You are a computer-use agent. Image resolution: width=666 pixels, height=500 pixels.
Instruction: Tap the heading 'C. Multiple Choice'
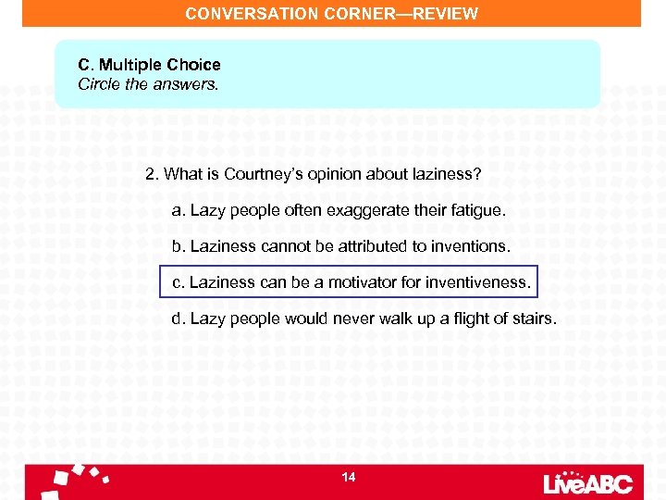point(149,65)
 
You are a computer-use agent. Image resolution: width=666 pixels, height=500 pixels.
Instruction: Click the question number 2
point(152,174)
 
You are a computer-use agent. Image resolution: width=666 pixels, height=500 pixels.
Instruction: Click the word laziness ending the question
point(448,174)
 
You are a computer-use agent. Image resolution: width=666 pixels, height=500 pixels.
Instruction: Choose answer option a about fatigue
point(339,210)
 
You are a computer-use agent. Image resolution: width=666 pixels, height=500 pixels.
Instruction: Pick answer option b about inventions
point(340,246)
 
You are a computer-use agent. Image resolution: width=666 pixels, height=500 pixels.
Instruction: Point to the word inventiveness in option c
point(479,281)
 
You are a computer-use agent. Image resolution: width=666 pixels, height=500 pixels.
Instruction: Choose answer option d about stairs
point(364,319)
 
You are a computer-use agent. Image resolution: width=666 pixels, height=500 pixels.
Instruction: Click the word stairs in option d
point(535,319)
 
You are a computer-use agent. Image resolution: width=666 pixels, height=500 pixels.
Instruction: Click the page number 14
point(349,478)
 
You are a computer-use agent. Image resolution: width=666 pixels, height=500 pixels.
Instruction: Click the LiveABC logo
point(588,482)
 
